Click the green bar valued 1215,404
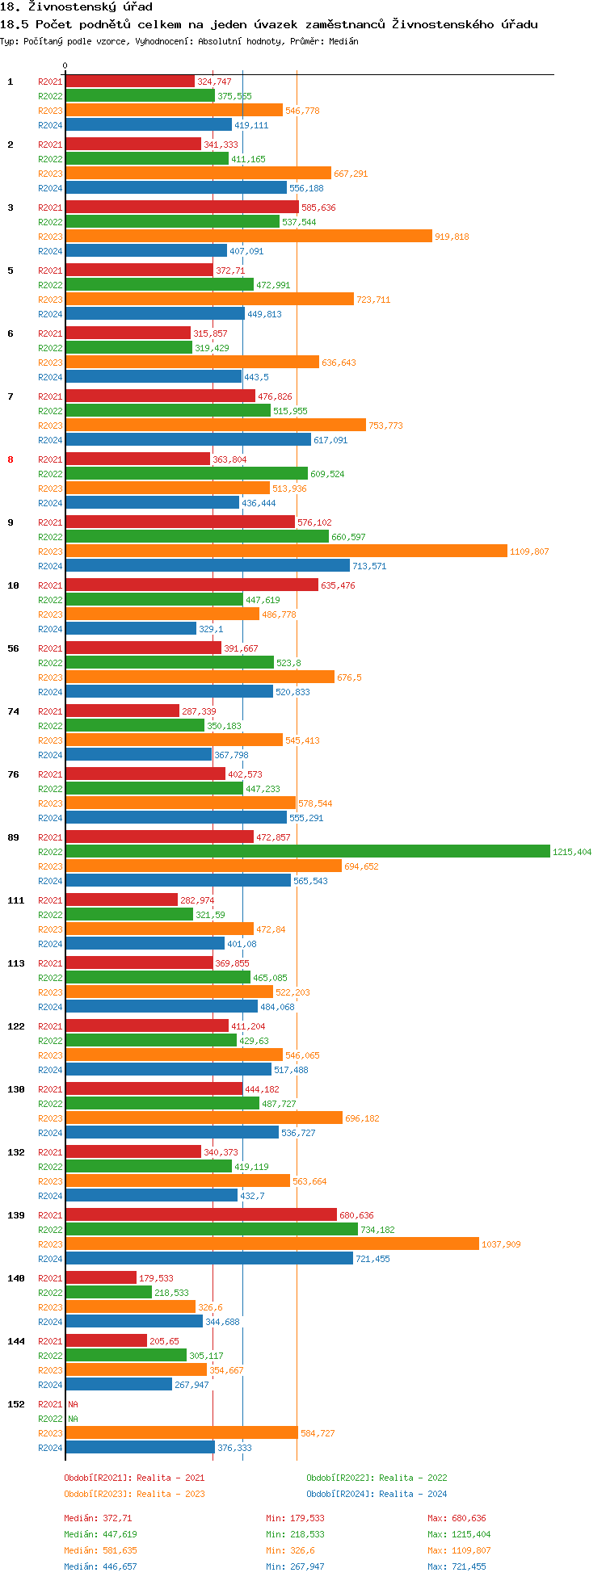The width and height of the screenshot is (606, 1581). pyautogui.click(x=307, y=852)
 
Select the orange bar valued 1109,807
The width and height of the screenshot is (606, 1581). pyautogui.click(x=286, y=551)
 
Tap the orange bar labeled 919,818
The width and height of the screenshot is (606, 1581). pyautogui.click(x=248, y=237)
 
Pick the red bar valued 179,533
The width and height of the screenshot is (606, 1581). pyautogui.click(x=101, y=1278)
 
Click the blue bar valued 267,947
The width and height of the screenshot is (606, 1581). pyautogui.click(x=119, y=1385)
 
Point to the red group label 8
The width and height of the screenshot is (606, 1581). pyautogui.click(x=11, y=459)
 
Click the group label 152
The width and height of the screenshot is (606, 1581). pyautogui.click(x=16, y=1404)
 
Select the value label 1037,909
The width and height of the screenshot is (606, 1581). pyautogui.click(x=501, y=1244)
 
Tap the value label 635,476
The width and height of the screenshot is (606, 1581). pyautogui.click(x=338, y=585)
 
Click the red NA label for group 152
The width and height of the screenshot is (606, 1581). pyautogui.click(x=73, y=1404)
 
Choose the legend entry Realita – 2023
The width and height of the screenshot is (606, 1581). pyautogui.click(x=134, y=1494)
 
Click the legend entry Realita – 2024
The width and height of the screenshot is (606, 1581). pyautogui.click(x=377, y=1494)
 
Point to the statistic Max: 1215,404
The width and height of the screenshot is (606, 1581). pyautogui.click(x=459, y=1534)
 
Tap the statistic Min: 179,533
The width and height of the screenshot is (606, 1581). pyautogui.click(x=295, y=1518)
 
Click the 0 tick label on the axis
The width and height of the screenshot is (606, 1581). pyautogui.click(x=65, y=66)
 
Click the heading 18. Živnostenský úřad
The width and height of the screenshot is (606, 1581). pyautogui.click(x=76, y=7)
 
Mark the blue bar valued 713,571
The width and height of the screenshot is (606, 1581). pyautogui.click(x=207, y=566)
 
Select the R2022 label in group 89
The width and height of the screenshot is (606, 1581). pyautogui.click(x=50, y=852)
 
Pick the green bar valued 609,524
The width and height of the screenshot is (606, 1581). pyautogui.click(x=186, y=474)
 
